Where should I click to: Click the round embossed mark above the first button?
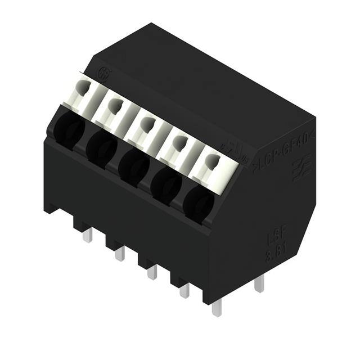[x=103, y=73]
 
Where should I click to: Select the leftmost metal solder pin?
[x=87, y=236]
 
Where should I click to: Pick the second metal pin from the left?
[x=119, y=254]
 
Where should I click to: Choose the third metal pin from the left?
[x=151, y=273]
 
